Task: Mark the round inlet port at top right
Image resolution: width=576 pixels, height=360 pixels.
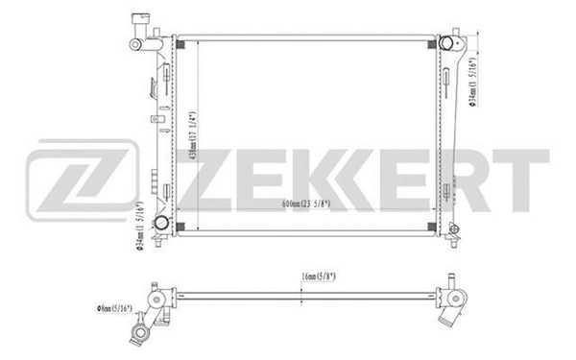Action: [x=447, y=44]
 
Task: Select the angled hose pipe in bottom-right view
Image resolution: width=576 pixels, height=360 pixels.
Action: [x=456, y=309]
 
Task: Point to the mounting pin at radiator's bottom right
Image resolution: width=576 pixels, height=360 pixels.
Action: [x=448, y=236]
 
